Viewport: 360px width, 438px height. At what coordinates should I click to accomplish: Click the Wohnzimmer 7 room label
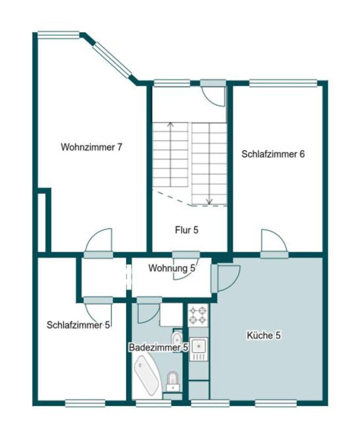coord(91,147)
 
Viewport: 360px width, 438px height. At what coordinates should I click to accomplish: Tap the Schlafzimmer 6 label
coord(273,154)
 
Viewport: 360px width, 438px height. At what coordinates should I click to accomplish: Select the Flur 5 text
coord(187,230)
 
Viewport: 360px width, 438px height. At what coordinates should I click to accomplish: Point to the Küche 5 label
coord(264,335)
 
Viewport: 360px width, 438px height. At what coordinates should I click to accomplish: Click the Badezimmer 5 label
coord(158,347)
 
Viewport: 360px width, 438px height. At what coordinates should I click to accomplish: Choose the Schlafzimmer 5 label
coord(78,325)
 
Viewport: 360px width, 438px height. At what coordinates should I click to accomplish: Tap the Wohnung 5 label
coord(172,268)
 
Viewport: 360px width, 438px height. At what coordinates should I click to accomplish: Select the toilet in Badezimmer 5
coord(173,380)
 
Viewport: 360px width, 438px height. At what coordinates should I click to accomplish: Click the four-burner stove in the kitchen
coord(198,314)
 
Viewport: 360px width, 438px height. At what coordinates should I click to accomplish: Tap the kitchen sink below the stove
coord(198,346)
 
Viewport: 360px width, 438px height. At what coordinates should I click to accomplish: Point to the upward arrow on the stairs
coord(170,125)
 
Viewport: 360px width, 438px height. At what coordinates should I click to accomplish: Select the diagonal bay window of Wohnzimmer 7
coord(112,60)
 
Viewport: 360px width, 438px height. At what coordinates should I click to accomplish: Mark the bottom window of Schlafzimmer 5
coord(85,402)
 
